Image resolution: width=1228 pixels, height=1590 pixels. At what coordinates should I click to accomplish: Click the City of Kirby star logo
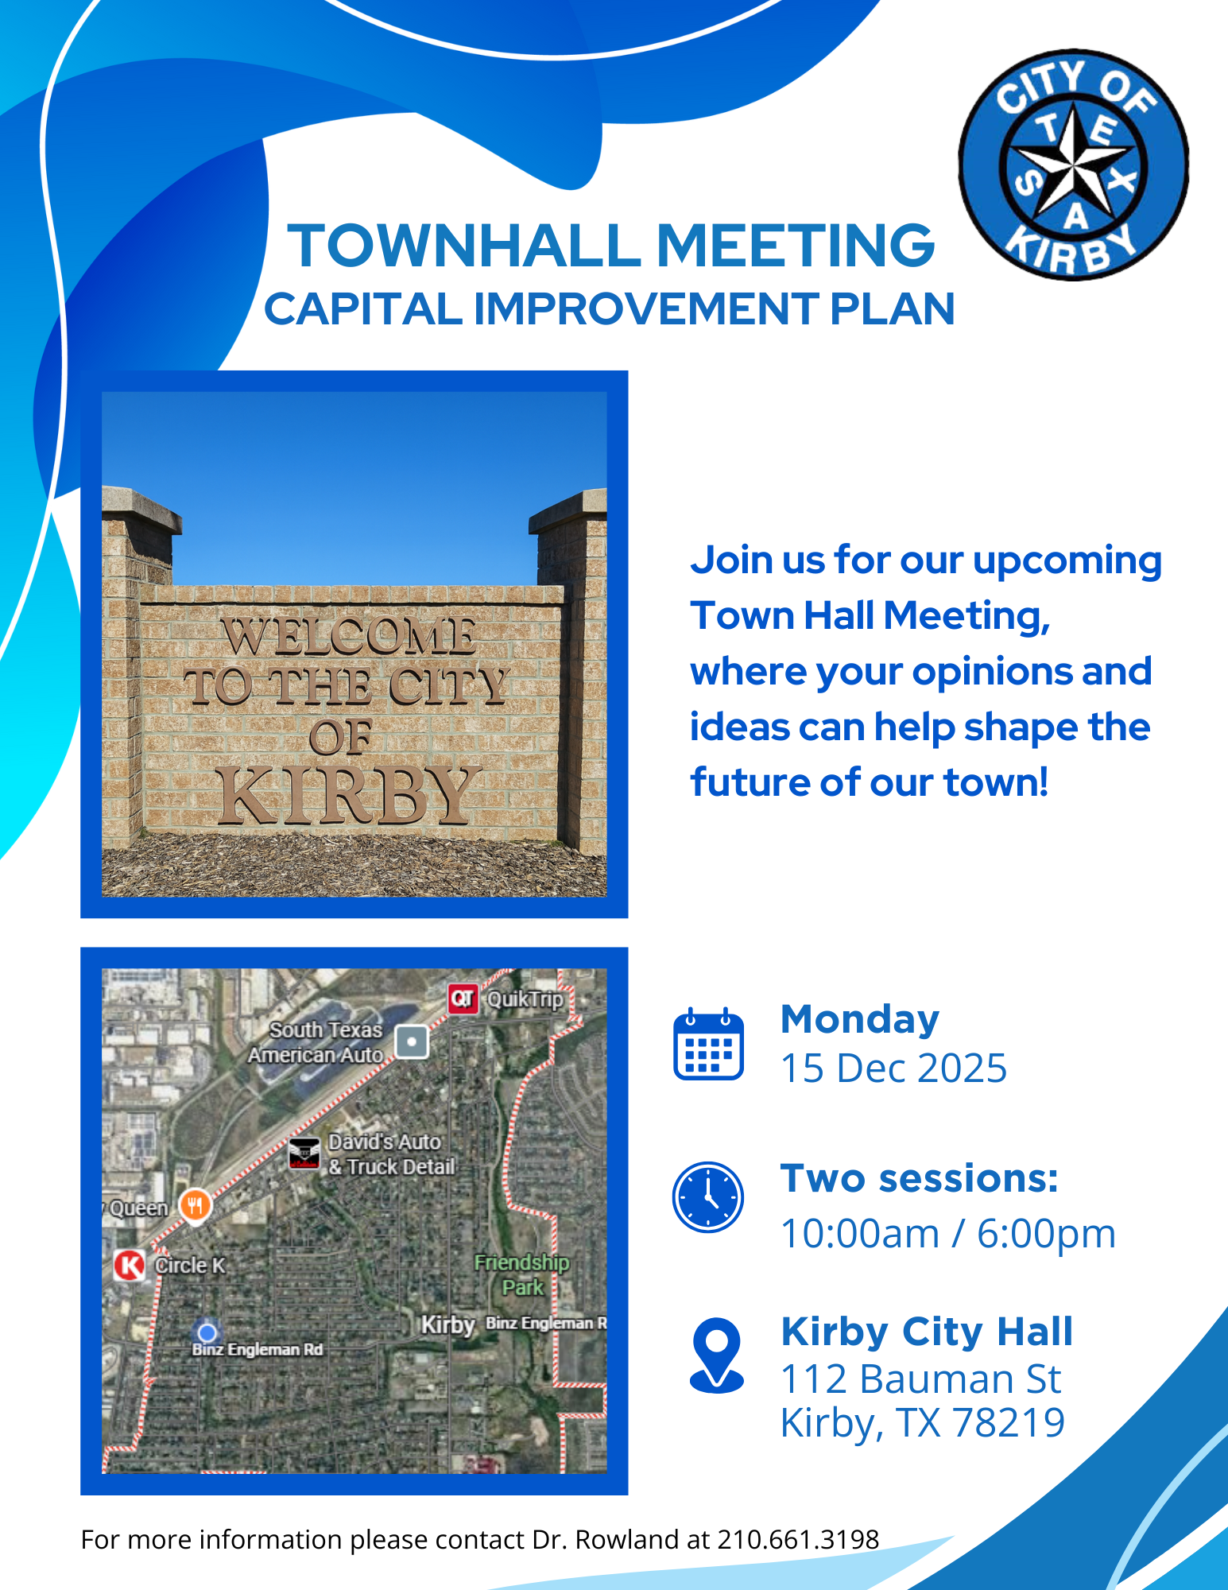(x=1073, y=165)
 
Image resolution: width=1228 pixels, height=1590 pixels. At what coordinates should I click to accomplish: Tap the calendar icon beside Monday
(x=708, y=1044)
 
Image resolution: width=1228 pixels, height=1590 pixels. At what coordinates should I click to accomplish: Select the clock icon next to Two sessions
(x=708, y=1197)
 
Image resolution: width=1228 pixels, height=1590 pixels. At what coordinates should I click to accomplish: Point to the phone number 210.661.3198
(x=798, y=1540)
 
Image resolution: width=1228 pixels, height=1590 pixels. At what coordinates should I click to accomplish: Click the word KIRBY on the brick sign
(x=350, y=795)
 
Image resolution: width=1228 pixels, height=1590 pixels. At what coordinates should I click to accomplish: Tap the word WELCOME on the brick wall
(x=348, y=636)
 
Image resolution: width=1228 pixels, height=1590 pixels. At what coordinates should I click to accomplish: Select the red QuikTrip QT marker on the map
(x=463, y=999)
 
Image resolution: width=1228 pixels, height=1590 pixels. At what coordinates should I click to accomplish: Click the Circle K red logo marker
(x=130, y=1265)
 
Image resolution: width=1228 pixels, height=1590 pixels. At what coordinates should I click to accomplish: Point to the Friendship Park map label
(x=522, y=1274)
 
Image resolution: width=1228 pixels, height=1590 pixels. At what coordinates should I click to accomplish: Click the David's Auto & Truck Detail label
(x=392, y=1154)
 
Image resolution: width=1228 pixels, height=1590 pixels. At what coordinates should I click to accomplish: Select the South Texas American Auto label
(x=316, y=1042)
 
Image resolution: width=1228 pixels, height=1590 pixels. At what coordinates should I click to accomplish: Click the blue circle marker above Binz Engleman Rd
(x=207, y=1332)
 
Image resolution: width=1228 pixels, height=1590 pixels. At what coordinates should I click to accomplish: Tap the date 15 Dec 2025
(x=894, y=1068)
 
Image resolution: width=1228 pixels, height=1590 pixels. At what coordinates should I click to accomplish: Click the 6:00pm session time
(x=1047, y=1234)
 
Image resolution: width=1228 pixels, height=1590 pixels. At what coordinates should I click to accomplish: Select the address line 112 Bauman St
(x=921, y=1379)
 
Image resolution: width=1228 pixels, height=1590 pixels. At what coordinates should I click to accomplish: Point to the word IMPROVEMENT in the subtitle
(x=646, y=309)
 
